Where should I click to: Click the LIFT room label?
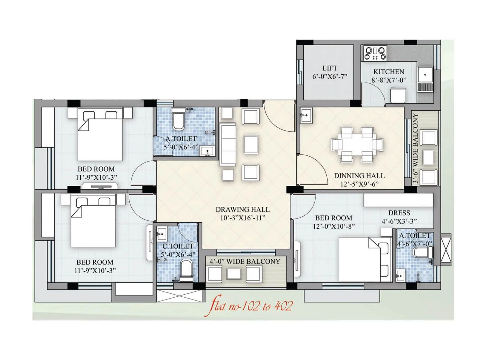tap(330, 68)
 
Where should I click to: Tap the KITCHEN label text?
tap(388, 72)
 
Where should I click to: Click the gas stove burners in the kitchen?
tap(375, 53)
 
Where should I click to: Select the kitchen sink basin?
tap(425, 75)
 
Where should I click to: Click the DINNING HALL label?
tap(359, 176)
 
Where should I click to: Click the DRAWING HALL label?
tap(242, 209)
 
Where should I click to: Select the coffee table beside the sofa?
tap(251, 144)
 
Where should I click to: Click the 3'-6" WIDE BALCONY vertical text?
tap(415, 148)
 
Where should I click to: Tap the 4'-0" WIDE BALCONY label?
tap(244, 261)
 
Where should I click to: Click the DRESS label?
tap(399, 213)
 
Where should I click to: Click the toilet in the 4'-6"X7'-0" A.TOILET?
tap(421, 252)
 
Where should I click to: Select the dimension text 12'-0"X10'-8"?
tap(334, 226)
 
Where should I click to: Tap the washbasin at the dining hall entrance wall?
tap(306, 115)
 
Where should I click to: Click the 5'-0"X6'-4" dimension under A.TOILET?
tap(181, 147)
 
